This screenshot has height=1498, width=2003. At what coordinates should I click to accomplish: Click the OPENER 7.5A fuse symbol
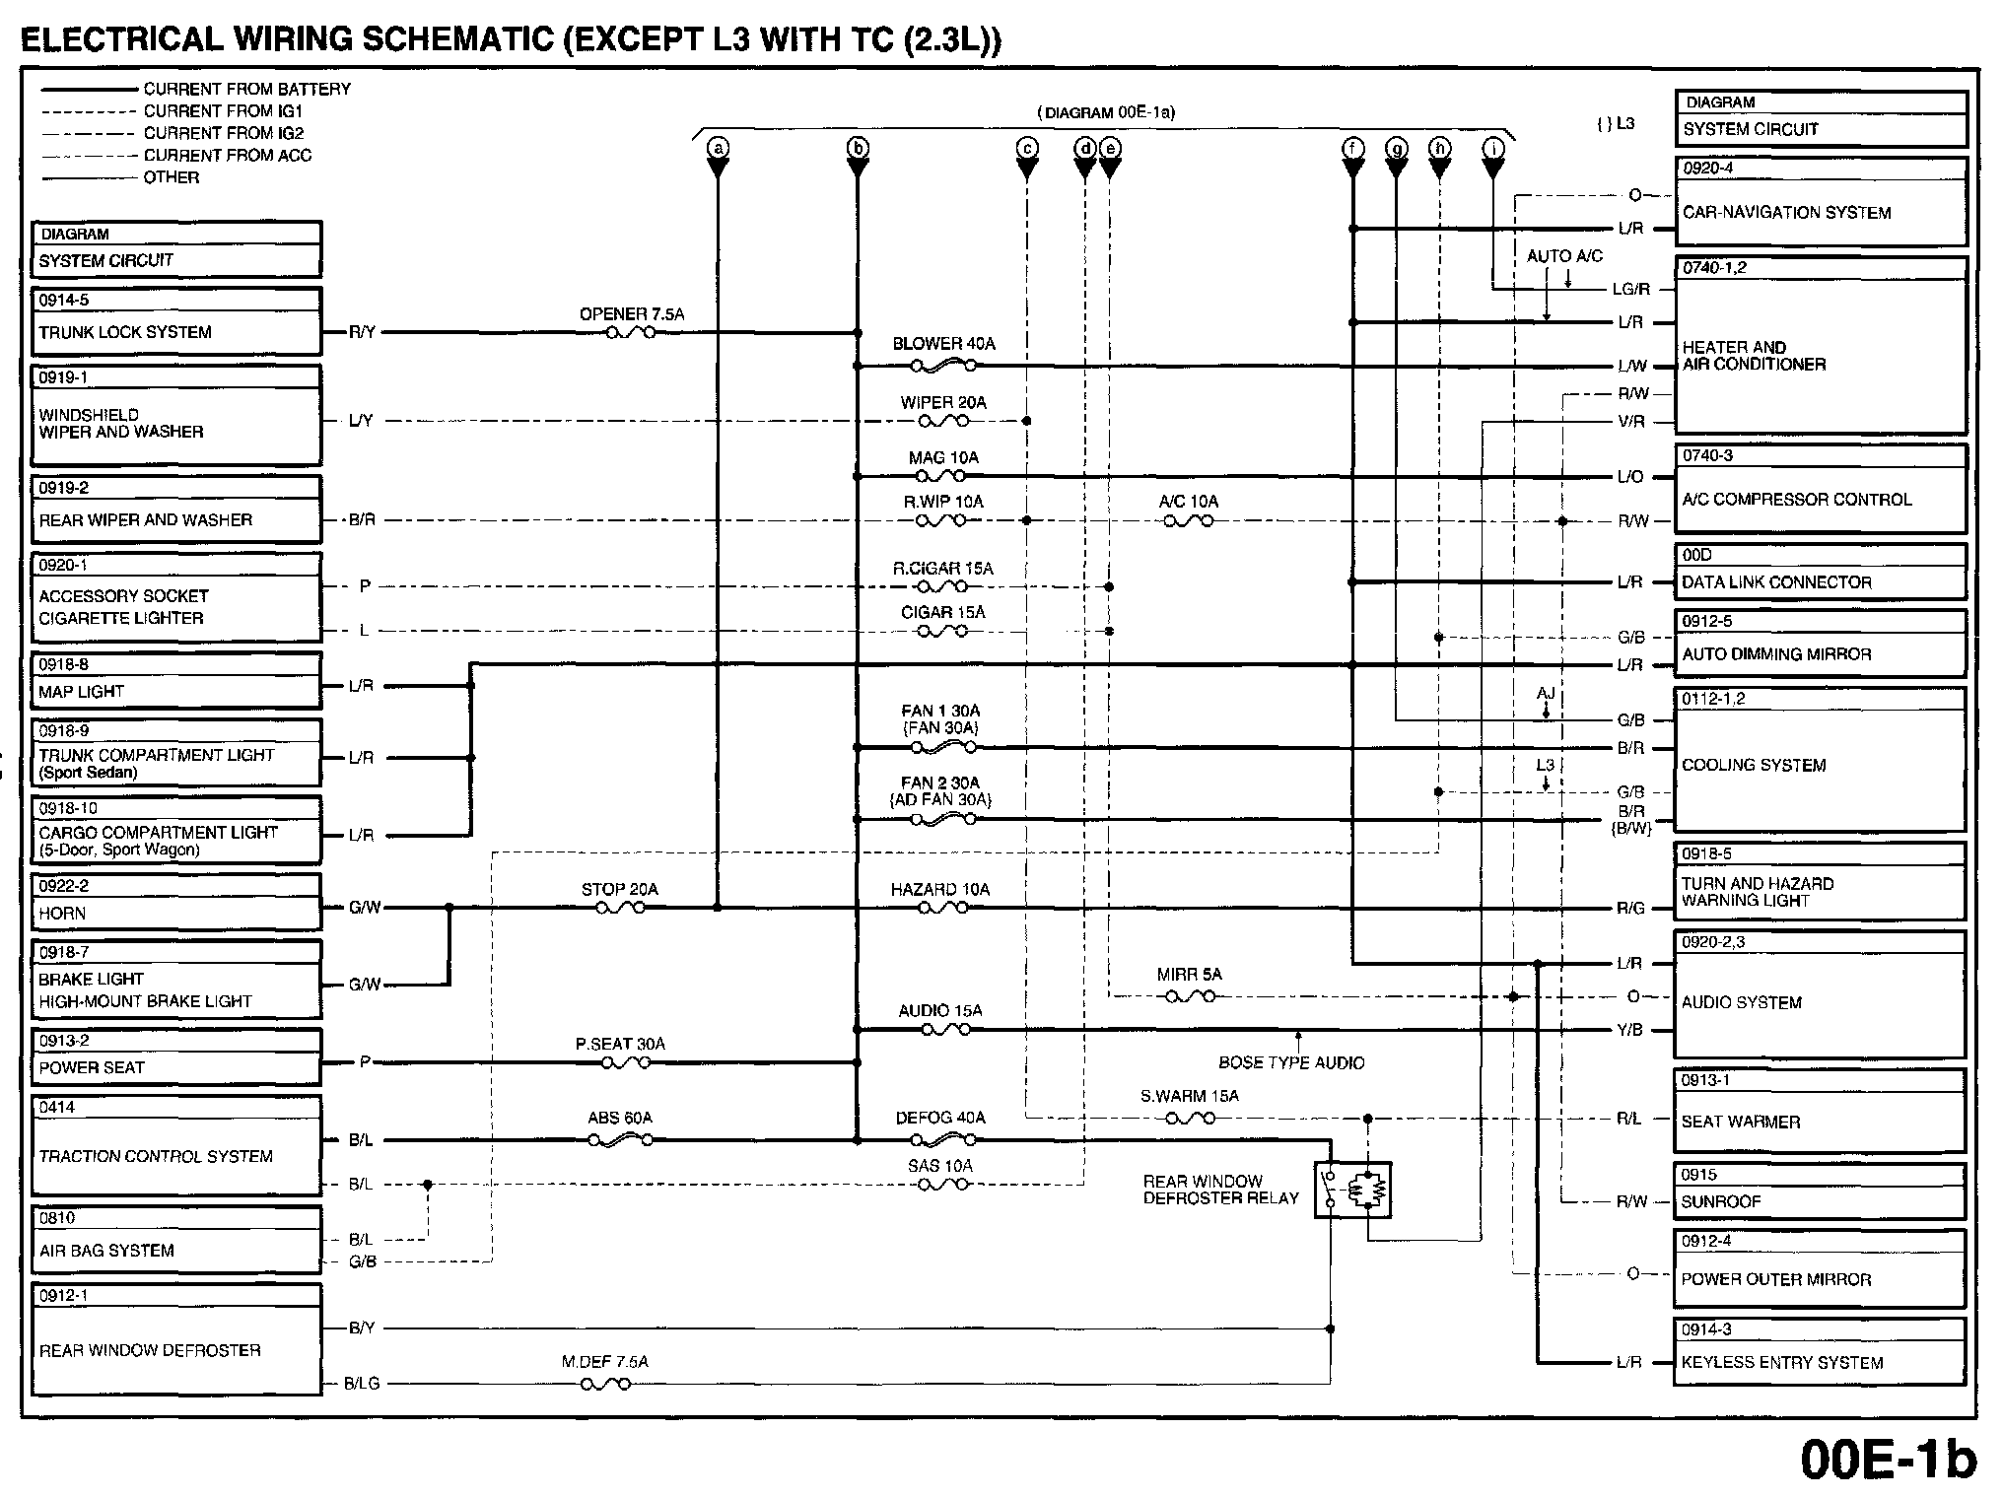[631, 333]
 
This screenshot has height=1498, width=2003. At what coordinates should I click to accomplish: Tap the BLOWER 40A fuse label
[943, 344]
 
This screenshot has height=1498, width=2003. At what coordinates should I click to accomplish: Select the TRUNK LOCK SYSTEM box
[176, 321]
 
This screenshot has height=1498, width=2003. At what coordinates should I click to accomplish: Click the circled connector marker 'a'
[719, 148]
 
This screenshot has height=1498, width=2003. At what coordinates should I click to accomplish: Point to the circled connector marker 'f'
[1353, 148]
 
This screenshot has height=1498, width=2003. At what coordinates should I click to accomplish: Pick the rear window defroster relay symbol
[1352, 1191]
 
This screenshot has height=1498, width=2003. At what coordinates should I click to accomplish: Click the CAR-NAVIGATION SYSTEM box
[1821, 202]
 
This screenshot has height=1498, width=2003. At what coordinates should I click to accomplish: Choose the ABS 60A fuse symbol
[620, 1140]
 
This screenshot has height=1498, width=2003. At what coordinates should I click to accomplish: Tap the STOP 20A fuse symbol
[620, 908]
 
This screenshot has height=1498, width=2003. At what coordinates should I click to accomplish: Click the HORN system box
[176, 902]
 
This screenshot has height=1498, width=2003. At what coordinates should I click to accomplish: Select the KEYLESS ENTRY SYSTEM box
[1821, 1352]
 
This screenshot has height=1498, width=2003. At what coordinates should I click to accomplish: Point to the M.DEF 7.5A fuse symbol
[605, 1384]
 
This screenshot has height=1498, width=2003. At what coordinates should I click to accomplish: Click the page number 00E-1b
[1888, 1460]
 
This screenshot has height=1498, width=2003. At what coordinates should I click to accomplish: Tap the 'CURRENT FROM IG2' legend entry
[224, 133]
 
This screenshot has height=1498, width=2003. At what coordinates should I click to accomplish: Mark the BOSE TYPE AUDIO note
[1291, 1062]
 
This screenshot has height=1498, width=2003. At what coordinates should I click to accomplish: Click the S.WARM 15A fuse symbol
[1190, 1119]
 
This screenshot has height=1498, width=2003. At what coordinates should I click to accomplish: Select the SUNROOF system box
[1821, 1192]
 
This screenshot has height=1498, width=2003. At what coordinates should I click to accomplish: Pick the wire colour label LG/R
[1630, 289]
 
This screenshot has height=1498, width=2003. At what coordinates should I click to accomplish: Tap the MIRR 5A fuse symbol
[1190, 996]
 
